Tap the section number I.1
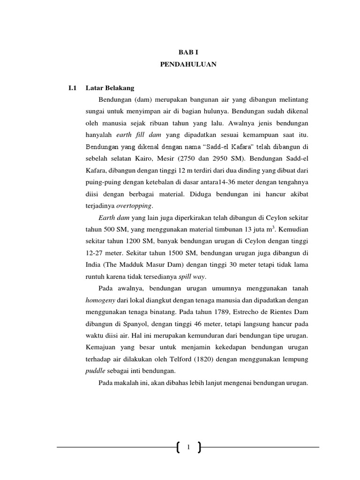coord(72,88)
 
